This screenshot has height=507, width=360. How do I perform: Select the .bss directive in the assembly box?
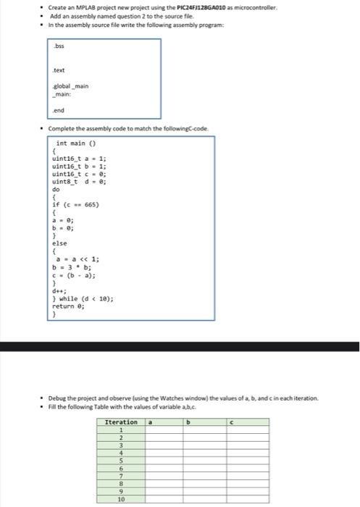click(60, 46)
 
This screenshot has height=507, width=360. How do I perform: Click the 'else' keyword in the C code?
click(61, 244)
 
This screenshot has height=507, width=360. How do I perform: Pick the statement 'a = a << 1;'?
click(80, 259)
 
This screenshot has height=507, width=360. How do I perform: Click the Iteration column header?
click(121, 422)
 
